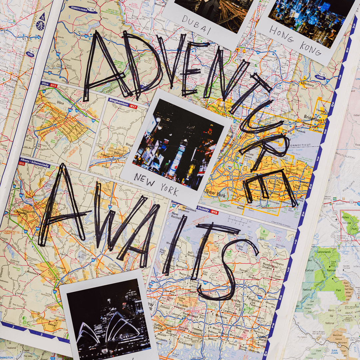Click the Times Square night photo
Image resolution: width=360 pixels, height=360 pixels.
pos(178,140)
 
